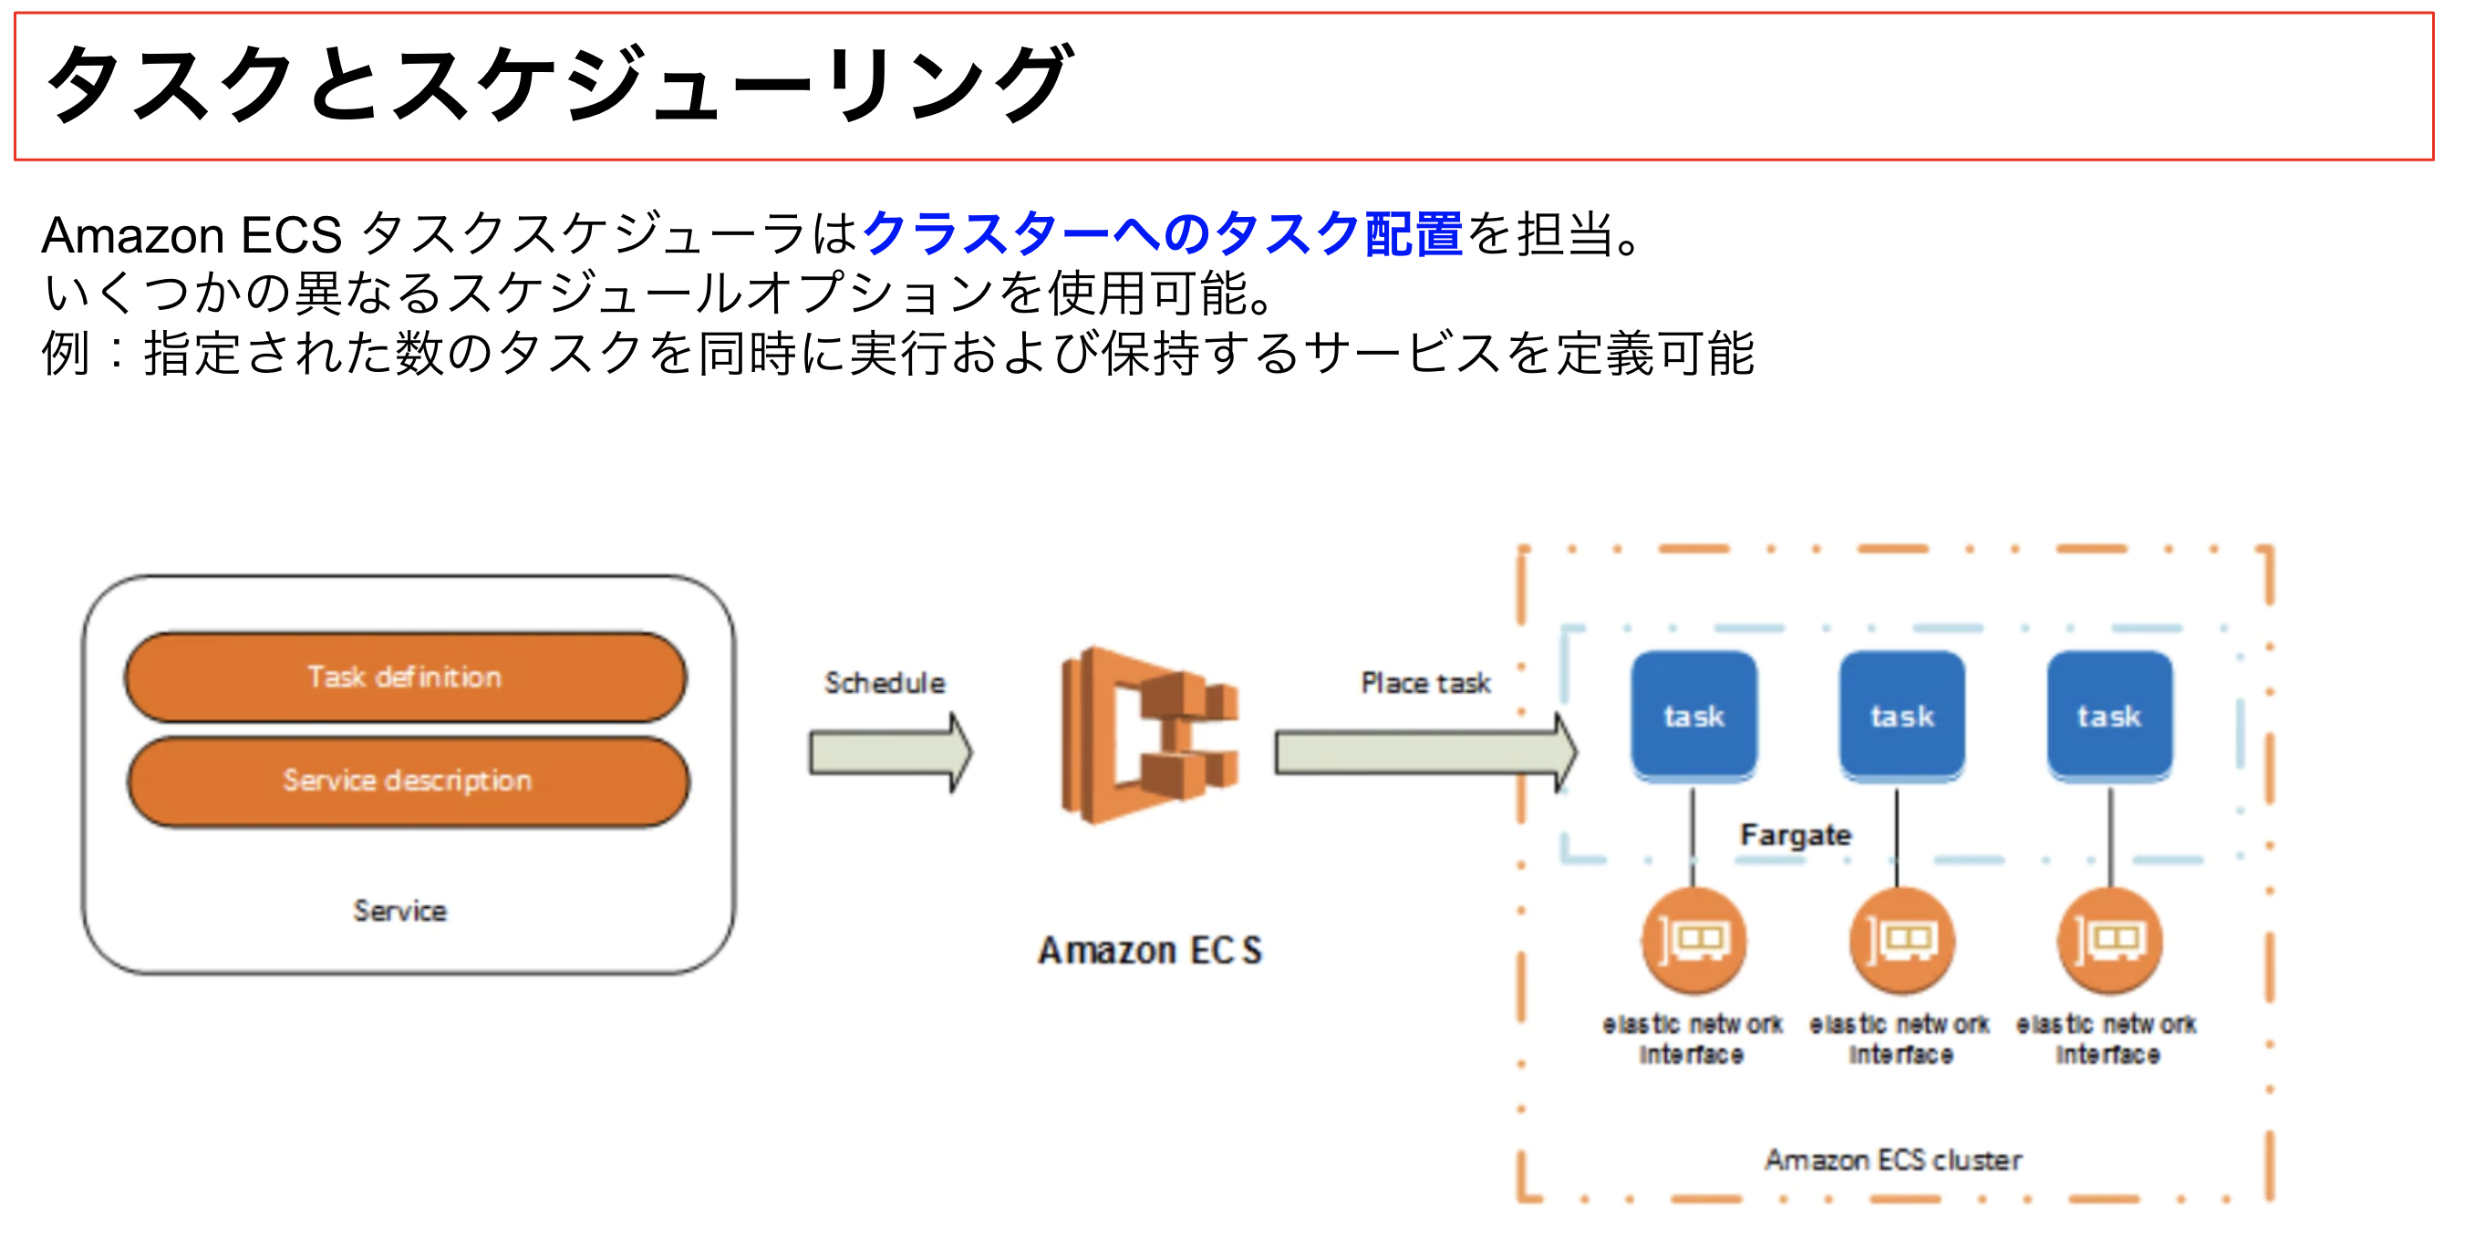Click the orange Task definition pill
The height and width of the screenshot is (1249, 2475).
405,677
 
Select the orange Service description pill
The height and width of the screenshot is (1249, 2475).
408,781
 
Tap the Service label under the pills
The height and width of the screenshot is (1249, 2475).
399,911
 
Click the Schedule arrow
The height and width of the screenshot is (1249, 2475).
889,752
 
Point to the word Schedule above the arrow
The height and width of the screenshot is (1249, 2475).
885,683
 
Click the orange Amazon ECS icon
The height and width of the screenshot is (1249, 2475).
1149,735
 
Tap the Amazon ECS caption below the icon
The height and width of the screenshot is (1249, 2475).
1149,951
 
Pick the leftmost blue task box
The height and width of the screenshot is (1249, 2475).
1693,716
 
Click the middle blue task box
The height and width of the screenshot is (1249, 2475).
1901,716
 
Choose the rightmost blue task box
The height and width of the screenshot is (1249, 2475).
2109,716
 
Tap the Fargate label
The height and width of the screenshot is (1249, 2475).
1795,835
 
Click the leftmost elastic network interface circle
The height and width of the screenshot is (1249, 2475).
1693,941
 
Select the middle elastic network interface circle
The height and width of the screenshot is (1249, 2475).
1901,941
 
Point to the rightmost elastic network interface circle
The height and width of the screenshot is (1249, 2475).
2109,941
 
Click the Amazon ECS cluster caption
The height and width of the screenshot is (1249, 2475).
1893,1161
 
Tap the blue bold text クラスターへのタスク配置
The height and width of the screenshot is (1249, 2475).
1163,233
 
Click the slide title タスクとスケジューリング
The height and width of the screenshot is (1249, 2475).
557,85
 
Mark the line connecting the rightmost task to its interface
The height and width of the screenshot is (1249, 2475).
2110,836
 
